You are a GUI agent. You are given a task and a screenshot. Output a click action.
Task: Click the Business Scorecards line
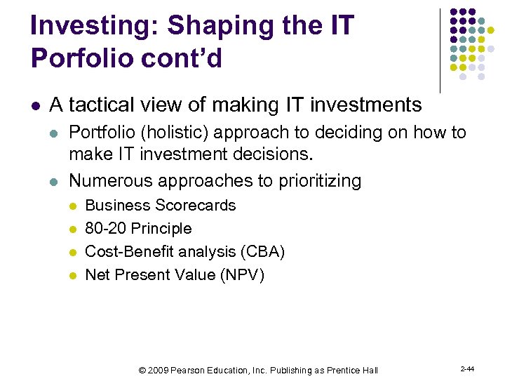click(160, 206)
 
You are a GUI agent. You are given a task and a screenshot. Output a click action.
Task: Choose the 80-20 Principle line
click(137, 229)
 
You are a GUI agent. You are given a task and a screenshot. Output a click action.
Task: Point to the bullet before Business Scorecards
click(72, 206)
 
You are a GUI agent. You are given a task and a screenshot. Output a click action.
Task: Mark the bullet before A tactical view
click(35, 106)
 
